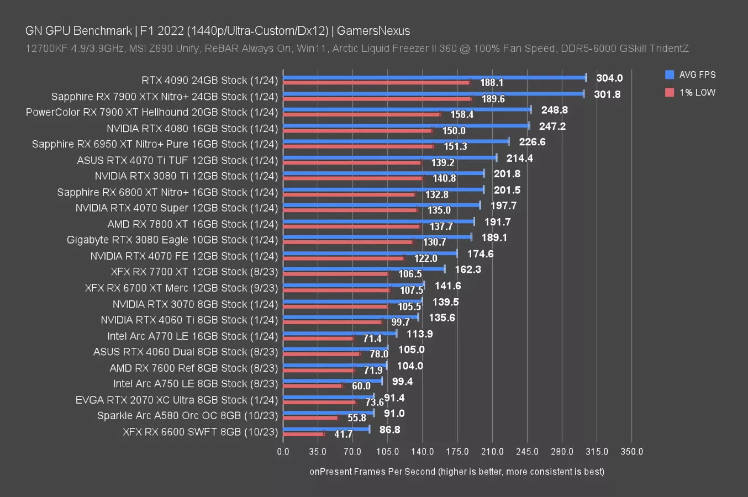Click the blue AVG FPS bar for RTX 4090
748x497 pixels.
click(434, 78)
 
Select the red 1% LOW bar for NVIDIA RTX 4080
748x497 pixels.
click(357, 131)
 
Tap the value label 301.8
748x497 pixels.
click(607, 94)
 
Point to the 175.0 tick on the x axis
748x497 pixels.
click(457, 451)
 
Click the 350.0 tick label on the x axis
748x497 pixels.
click(631, 451)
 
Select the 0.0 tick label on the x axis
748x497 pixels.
click(283, 451)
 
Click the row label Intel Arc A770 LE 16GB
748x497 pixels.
click(192, 336)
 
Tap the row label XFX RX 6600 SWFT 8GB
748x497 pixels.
click(200, 431)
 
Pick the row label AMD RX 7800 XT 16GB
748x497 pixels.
click(192, 224)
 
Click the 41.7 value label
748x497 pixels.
click(343, 434)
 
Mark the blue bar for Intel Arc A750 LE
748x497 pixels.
click(333, 381)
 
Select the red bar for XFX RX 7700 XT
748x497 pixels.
click(336, 274)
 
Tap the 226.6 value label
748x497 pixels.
click(532, 142)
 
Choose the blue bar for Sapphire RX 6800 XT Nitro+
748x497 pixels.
click(383, 189)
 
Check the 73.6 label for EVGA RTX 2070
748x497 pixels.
click(374, 403)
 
